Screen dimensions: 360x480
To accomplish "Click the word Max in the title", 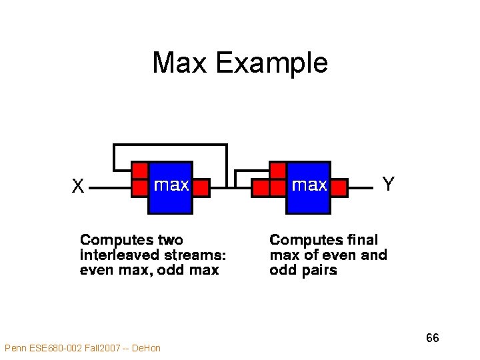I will [181, 63].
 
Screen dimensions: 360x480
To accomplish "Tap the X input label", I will [78, 186].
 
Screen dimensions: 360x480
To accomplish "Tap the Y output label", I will [388, 183].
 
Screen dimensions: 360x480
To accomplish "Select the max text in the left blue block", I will [171, 184].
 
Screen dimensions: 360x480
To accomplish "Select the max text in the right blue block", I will [309, 184].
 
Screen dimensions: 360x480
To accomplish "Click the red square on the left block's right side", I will [201, 187].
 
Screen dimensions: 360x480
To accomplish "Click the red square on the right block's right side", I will [339, 187].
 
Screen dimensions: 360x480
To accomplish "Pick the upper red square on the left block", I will [139, 171].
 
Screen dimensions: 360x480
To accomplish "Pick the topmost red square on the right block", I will [277, 171].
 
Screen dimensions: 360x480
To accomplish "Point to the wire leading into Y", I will [361, 189].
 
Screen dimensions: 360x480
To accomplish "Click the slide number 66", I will [433, 338].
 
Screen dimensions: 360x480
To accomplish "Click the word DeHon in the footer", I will [147, 348].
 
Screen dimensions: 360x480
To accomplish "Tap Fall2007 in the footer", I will [103, 348].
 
